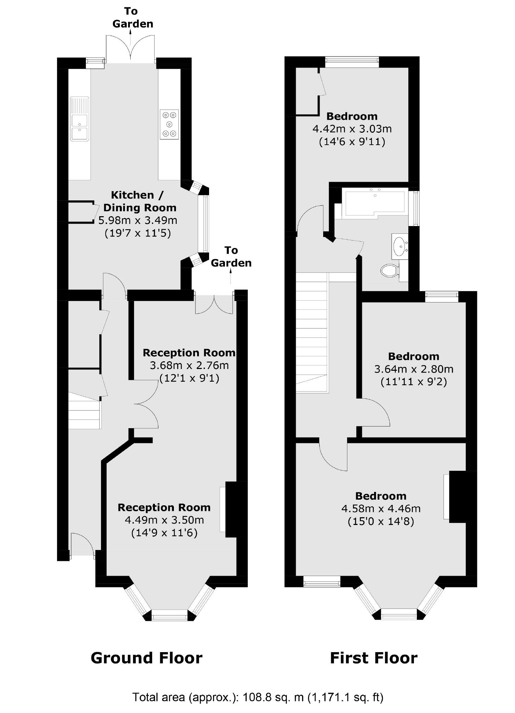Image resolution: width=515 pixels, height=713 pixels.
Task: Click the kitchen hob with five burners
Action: tap(169, 124)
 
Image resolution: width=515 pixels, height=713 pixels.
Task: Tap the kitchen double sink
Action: tap(80, 119)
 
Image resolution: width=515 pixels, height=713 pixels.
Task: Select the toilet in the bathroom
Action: tap(389, 270)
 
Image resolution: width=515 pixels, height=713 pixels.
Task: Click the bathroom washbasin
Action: tap(400, 246)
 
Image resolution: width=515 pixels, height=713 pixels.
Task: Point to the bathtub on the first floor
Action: tap(375, 202)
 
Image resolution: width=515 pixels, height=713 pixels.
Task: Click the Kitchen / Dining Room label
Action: tap(139, 201)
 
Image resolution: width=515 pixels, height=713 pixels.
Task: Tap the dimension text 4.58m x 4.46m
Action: tap(381, 508)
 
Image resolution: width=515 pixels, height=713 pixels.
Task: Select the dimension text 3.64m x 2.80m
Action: tap(414, 369)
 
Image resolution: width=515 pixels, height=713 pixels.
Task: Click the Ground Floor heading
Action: tap(146, 658)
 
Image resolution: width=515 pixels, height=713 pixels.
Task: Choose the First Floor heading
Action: tap(373, 658)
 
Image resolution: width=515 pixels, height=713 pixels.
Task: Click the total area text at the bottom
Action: tap(257, 697)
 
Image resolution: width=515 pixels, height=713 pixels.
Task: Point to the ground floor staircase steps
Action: tap(84, 411)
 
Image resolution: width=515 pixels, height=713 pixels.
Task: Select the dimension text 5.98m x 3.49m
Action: tap(138, 220)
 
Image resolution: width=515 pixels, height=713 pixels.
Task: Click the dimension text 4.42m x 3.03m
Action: tap(352, 129)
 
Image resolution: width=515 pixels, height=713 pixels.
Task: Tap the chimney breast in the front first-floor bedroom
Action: tap(463, 496)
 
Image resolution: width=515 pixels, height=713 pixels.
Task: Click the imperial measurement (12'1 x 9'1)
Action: tap(189, 378)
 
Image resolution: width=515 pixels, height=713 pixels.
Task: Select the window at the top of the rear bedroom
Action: tap(352, 62)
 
